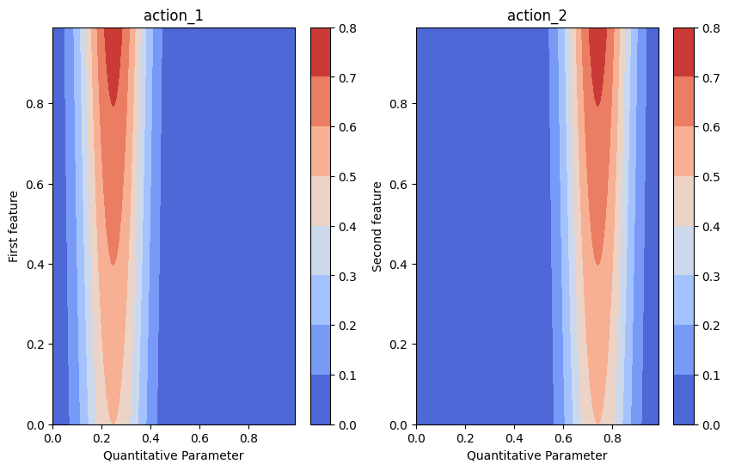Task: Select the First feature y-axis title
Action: pos(14,226)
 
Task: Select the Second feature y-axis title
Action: pos(377,226)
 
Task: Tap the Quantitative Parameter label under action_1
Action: pos(174,455)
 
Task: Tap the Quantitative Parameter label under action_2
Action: pos(537,455)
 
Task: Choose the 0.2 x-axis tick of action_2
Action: pos(465,438)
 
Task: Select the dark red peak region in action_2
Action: pos(598,60)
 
